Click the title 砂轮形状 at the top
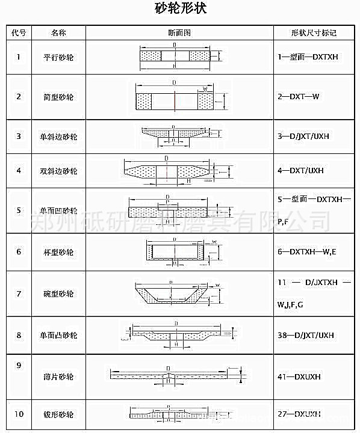(x=180, y=10)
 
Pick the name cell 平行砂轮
(x=58, y=57)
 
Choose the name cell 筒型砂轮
(x=58, y=97)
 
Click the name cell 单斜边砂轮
(x=58, y=137)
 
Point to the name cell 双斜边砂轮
(x=58, y=171)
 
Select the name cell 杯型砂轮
(x=58, y=252)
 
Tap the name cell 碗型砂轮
(x=58, y=294)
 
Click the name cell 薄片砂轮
(x=58, y=377)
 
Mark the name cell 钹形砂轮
(x=58, y=414)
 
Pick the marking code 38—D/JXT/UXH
(x=305, y=335)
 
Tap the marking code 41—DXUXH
(x=299, y=377)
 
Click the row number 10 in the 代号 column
(x=19, y=414)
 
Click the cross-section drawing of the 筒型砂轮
(x=175, y=98)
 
